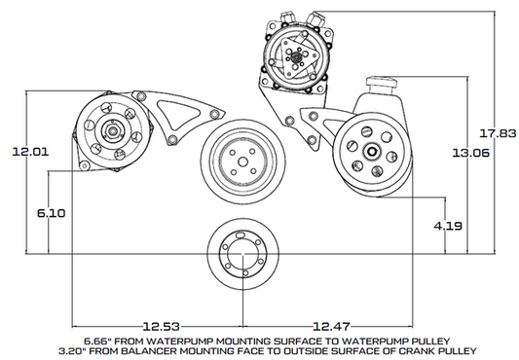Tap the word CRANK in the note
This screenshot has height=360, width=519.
click(x=403, y=348)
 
